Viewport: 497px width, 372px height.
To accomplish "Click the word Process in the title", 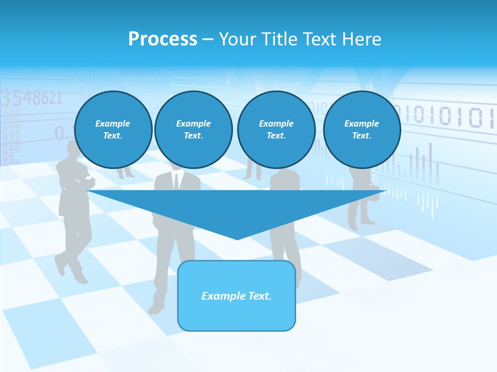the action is pos(163,39).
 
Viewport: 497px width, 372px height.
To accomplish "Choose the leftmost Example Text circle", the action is pos(113,130).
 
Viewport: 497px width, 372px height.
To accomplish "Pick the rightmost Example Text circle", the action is pos(361,130).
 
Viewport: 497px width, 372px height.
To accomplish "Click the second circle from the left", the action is pos(193,130).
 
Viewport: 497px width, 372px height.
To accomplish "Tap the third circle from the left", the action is pos(276,130).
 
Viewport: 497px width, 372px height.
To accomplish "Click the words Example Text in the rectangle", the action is pos(237,296).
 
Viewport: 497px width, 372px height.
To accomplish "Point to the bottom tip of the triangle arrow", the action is pos(237,238).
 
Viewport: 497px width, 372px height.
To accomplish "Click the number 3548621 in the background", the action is pos(31,98).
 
